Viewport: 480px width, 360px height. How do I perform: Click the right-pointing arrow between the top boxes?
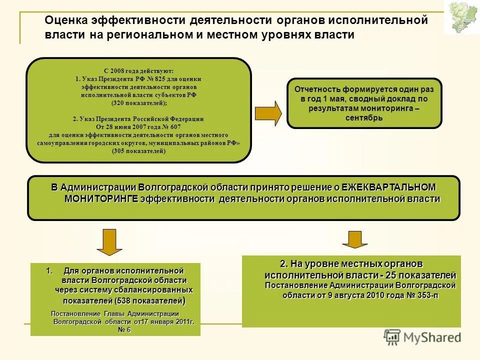tap(268, 113)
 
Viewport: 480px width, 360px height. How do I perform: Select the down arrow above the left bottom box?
tap(109, 243)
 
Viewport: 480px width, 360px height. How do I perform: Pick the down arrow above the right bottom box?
tap(355, 239)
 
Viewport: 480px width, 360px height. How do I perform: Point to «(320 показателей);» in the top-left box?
tap(138, 102)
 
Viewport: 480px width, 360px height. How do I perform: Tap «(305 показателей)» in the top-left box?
tap(138, 150)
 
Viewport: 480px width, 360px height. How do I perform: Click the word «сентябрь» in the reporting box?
tap(364, 118)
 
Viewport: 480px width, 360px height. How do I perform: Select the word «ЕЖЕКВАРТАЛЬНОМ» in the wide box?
tap(388, 187)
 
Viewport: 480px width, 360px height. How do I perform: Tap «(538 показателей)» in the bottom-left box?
tap(149, 301)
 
